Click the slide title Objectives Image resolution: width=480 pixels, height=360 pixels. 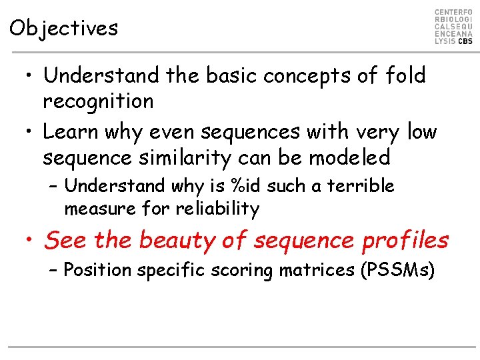tap(64, 28)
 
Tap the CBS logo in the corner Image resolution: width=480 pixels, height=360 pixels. tap(453, 27)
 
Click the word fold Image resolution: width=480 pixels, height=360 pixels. tap(405, 75)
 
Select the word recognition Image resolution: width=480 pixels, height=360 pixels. tap(98, 101)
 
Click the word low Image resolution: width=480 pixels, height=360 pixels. tap(421, 132)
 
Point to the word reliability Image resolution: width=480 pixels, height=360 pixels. tap(217, 209)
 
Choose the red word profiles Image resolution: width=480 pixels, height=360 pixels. tap(405, 240)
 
